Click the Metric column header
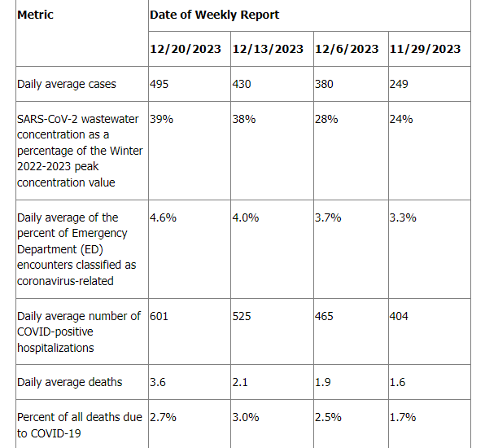coord(35,15)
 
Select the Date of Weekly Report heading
coord(214,15)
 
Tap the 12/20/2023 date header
coord(186,49)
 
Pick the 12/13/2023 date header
coord(268,49)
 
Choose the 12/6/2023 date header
coord(347,49)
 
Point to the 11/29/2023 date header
coord(425,49)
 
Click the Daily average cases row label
coord(67,84)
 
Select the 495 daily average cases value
coord(159,84)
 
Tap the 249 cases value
coord(399,84)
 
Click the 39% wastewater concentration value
coord(161,119)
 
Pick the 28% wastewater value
coord(326,119)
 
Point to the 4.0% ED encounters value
coord(246,217)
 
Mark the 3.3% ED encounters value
coord(403,217)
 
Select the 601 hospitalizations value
coord(159,316)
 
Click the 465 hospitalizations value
coord(324,316)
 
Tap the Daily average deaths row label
coord(70,382)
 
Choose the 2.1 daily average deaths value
coord(240,382)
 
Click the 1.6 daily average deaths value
coord(397,382)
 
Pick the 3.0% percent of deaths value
coord(246,417)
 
